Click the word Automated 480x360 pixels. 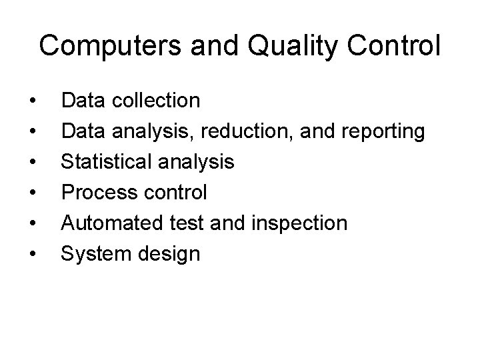tap(106, 223)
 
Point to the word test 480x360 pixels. tap(175, 223)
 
